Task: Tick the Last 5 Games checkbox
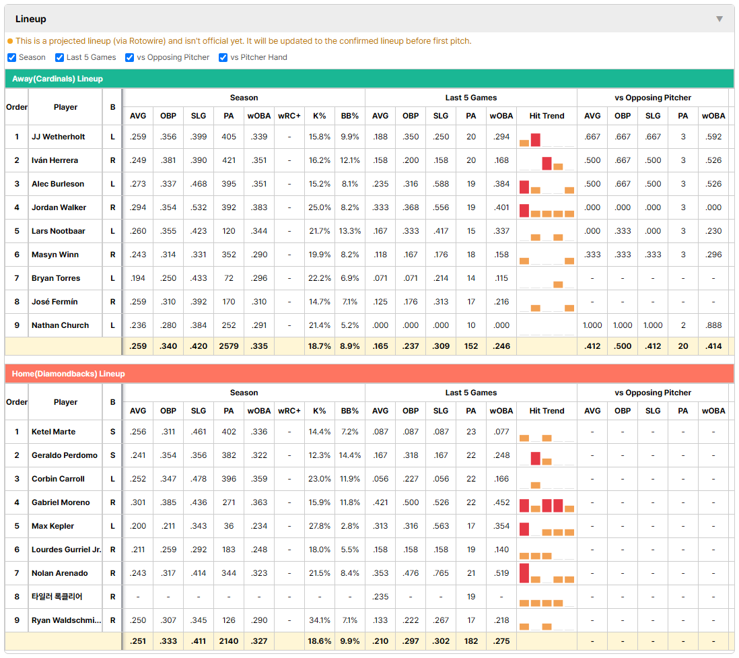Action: click(x=59, y=57)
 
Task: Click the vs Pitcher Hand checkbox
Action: click(x=223, y=57)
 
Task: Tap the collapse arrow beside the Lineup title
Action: click(x=719, y=19)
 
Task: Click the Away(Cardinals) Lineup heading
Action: click(x=57, y=79)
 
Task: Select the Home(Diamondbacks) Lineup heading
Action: click(x=69, y=374)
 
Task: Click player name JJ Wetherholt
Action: click(x=59, y=137)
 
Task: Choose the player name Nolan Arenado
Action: click(x=60, y=573)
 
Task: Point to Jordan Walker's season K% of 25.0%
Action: click(x=320, y=207)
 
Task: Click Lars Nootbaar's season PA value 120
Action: click(x=229, y=231)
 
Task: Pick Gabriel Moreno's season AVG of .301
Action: click(x=138, y=502)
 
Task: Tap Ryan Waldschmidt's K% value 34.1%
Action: click(x=320, y=620)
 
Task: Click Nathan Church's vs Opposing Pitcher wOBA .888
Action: click(x=713, y=325)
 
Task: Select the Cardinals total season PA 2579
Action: click(x=229, y=346)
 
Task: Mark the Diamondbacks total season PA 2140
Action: click(x=229, y=641)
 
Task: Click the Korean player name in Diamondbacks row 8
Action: click(x=57, y=597)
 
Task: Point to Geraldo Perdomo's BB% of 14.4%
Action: click(x=350, y=455)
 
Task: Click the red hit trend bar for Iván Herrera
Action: click(x=547, y=164)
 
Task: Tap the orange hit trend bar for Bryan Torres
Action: click(x=558, y=284)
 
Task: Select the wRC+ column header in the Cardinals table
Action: click(x=289, y=116)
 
